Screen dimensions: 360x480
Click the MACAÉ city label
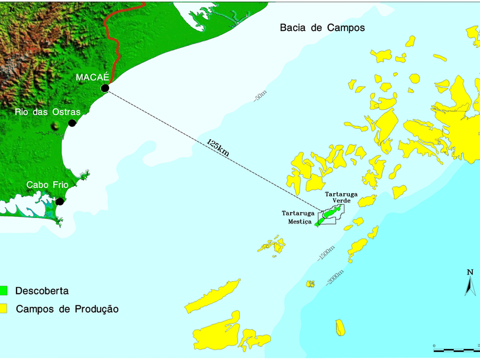click(91, 78)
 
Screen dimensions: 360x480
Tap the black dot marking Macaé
click(105, 88)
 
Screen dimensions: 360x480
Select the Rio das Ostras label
click(47, 112)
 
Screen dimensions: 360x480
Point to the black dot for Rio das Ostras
click(72, 123)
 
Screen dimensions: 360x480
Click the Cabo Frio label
click(47, 185)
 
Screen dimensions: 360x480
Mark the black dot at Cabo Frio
click(60, 202)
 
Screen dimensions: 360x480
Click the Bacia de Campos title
click(322, 28)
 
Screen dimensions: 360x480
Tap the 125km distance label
click(218, 147)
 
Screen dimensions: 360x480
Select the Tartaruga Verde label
click(341, 197)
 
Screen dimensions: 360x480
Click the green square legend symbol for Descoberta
click(5, 290)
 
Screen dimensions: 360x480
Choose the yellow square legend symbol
click(5, 308)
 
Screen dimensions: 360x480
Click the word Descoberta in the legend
click(42, 290)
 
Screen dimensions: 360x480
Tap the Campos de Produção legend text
click(67, 308)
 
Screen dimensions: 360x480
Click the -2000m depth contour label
click(334, 277)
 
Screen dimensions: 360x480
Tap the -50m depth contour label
click(258, 97)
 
